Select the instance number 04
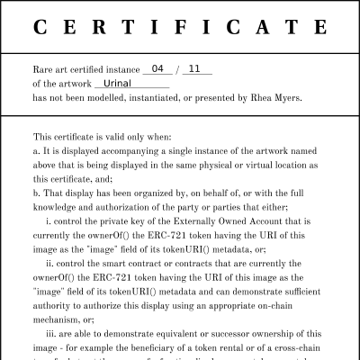(158, 69)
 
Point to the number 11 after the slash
(197, 69)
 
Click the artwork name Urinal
(119, 83)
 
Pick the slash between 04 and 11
(178, 69)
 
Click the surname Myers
(284, 97)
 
